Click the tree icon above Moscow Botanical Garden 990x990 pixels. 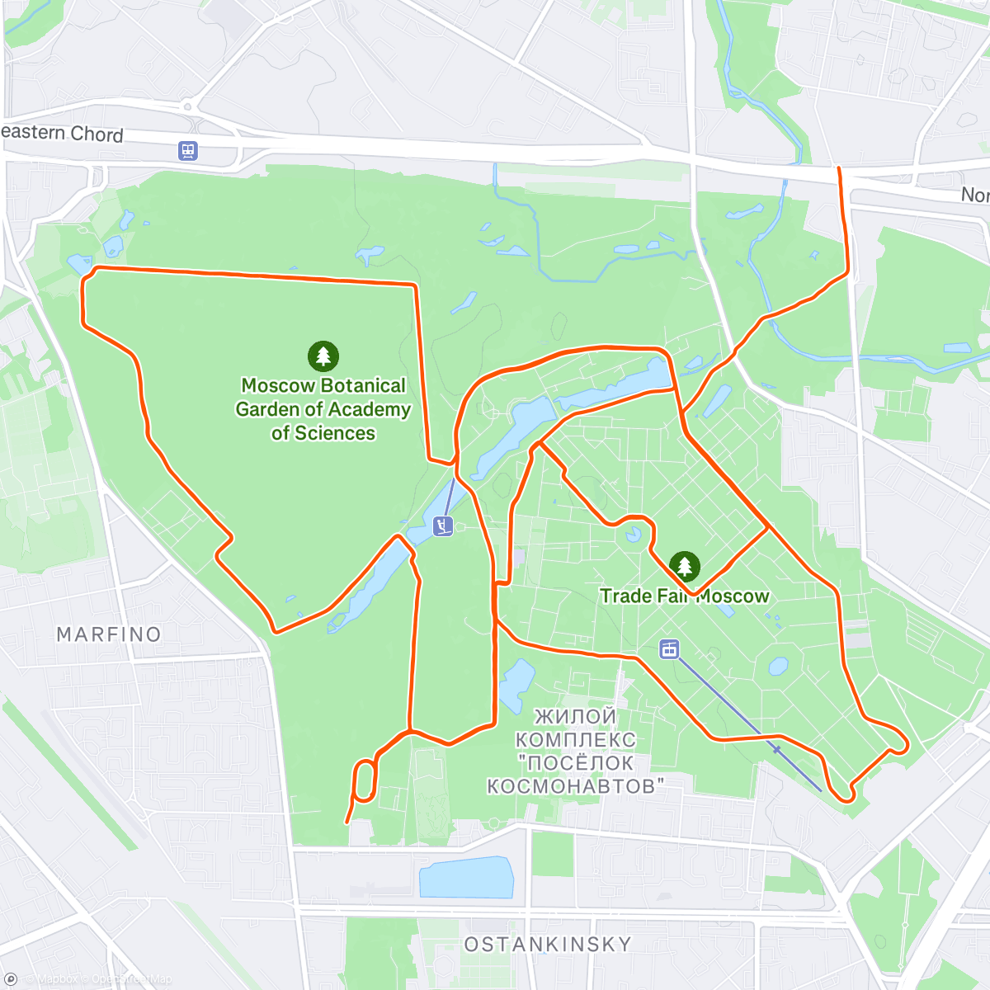pyautogui.click(x=323, y=356)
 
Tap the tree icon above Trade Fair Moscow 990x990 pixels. pyautogui.click(x=684, y=567)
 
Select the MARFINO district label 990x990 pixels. pyautogui.click(x=109, y=634)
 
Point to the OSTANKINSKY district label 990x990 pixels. pyautogui.click(x=548, y=944)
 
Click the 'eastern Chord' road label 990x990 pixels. pyautogui.click(x=63, y=134)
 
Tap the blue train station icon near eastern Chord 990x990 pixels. pyautogui.click(x=188, y=151)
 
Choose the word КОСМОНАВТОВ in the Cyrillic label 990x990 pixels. pyautogui.click(x=576, y=785)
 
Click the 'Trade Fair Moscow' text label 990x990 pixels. pyautogui.click(x=684, y=596)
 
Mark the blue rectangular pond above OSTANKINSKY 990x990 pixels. pyautogui.click(x=466, y=878)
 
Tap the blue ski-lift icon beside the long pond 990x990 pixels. pyautogui.click(x=443, y=526)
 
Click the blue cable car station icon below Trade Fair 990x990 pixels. pyautogui.click(x=669, y=649)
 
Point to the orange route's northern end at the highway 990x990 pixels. pyautogui.click(x=840, y=170)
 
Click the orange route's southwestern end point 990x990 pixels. pyautogui.click(x=346, y=822)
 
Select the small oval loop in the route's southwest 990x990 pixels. pyautogui.click(x=365, y=780)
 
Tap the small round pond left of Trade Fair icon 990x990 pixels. pyautogui.click(x=633, y=535)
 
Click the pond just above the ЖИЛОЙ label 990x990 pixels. pyautogui.click(x=517, y=685)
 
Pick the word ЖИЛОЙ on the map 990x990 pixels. pyautogui.click(x=575, y=716)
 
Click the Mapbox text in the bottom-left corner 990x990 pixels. pyautogui.click(x=58, y=979)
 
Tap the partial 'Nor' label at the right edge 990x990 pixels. pyautogui.click(x=974, y=195)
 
